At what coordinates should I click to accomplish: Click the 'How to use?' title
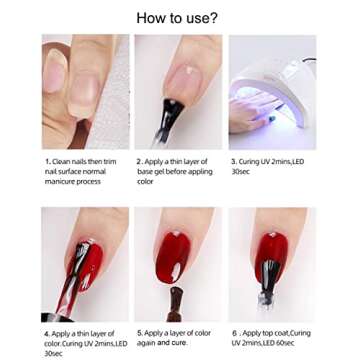(x=177, y=18)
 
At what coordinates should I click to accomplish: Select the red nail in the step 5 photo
(x=173, y=257)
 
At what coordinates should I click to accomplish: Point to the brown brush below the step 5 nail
(x=175, y=303)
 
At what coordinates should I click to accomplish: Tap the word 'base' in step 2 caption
(x=145, y=172)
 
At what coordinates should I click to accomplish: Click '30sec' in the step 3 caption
(x=241, y=172)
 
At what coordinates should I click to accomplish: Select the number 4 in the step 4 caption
(x=47, y=334)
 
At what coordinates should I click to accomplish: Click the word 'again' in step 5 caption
(x=146, y=343)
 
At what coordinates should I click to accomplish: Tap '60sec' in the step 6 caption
(x=285, y=343)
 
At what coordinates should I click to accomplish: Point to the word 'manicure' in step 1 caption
(x=59, y=182)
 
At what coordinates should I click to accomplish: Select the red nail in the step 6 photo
(x=272, y=257)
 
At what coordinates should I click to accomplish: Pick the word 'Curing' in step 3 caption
(x=249, y=162)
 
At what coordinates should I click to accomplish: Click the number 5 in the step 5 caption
(x=139, y=333)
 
